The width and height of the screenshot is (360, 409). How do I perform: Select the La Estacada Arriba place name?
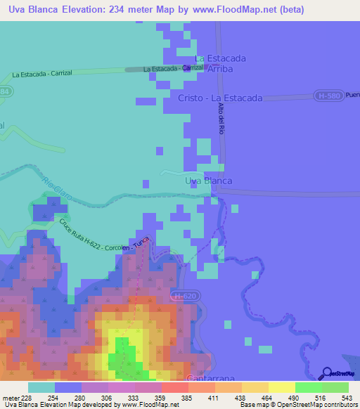[x=219, y=64]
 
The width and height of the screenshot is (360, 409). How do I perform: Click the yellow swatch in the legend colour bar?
[x=282, y=388]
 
